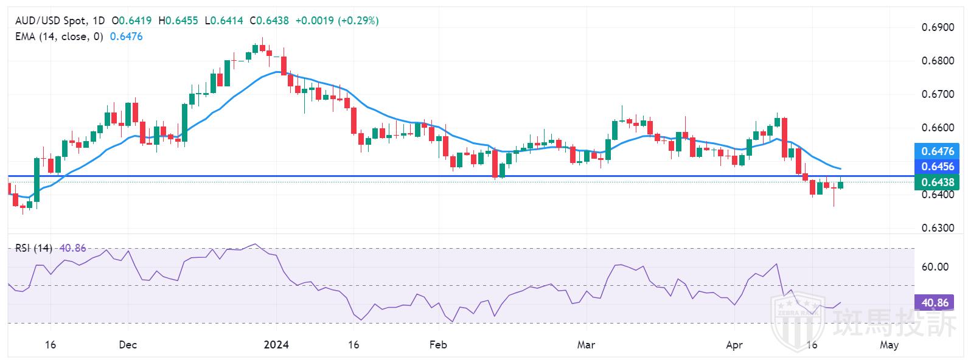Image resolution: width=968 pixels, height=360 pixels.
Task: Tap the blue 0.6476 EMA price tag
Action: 937,151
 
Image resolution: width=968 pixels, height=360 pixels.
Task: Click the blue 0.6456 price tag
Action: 937,167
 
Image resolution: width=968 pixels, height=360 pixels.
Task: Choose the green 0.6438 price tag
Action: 937,182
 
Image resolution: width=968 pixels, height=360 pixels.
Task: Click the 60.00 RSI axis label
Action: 935,266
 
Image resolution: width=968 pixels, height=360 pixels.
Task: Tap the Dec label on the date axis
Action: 128,345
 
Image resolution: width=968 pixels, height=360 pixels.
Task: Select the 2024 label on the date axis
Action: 276,345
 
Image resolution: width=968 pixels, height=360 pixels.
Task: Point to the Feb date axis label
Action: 438,345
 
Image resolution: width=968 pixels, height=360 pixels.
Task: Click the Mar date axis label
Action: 586,345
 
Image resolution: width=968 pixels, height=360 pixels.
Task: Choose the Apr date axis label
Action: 734,345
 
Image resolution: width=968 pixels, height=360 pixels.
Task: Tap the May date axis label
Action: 889,345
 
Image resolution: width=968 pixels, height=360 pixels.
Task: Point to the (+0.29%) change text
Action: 358,21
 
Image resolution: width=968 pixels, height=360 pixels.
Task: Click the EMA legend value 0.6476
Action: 126,36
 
